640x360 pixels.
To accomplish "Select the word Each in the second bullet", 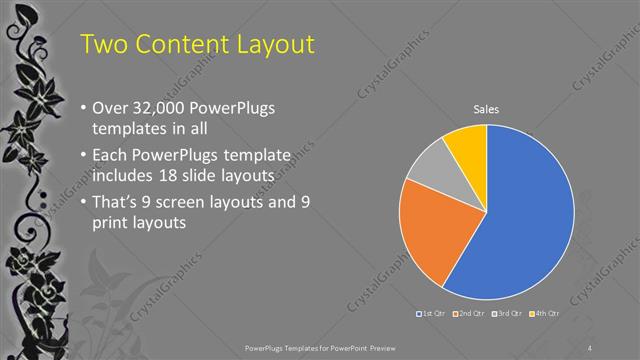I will pyautogui.click(x=109, y=157).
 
